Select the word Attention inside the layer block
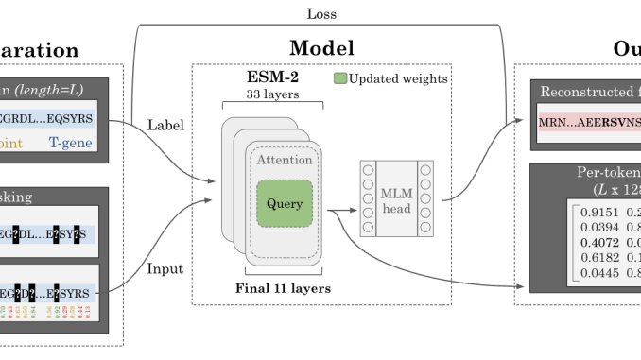click(x=284, y=161)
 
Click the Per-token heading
click(x=606, y=174)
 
